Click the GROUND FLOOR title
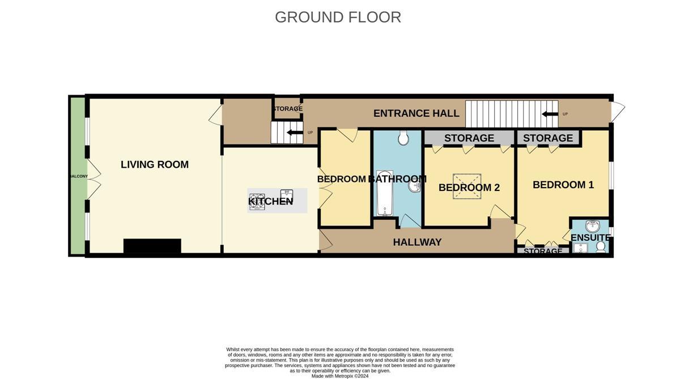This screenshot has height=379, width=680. click(x=338, y=17)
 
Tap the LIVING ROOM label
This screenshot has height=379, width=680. click(x=154, y=164)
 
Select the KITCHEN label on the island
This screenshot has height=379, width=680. click(x=270, y=201)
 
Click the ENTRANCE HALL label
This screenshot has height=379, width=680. click(x=416, y=113)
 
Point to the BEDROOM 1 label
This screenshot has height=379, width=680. click(x=563, y=185)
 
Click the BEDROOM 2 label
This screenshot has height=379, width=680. click(x=469, y=188)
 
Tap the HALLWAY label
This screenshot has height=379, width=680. click(x=417, y=242)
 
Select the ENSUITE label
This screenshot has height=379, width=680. click(x=590, y=237)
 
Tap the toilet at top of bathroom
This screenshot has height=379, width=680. click(x=404, y=137)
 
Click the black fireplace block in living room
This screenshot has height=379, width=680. click(x=152, y=246)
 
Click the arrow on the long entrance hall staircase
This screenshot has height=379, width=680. click(x=549, y=114)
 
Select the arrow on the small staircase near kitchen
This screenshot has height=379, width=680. click(x=294, y=133)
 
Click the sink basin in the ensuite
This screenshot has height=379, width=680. click(x=592, y=226)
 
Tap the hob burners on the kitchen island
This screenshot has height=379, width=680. click(x=257, y=201)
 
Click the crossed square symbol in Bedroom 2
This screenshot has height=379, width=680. click(x=467, y=186)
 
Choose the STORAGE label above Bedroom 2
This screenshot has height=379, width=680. click(x=469, y=138)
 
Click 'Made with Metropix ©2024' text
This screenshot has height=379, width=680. click(x=339, y=376)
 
